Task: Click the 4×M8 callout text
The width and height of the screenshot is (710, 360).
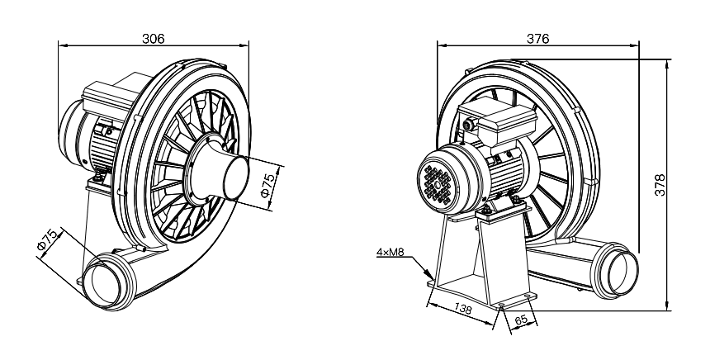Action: [390, 253]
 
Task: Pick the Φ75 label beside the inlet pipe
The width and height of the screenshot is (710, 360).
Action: [269, 186]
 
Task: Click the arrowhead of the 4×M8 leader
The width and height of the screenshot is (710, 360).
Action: [429, 274]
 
